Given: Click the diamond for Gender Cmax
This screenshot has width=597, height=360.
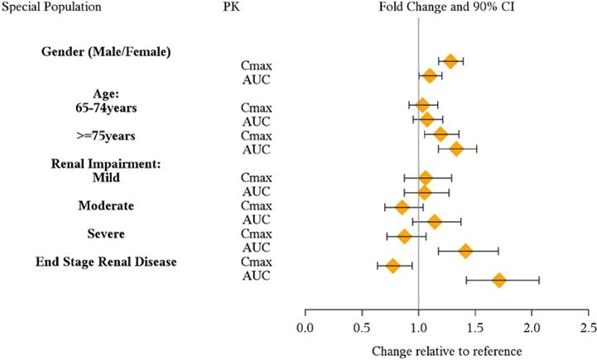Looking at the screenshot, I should point(450,61).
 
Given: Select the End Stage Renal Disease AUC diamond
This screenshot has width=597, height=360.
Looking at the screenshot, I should point(498,281).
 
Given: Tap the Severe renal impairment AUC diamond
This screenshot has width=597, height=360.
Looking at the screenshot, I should point(465,251).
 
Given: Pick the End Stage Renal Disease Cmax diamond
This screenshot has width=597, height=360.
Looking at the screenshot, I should point(393,266).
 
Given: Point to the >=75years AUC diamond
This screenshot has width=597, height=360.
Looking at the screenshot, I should point(456,149).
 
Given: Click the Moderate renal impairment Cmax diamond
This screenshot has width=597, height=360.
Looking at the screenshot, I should point(402,207).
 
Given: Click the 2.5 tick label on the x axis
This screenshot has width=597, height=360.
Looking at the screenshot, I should point(588,328).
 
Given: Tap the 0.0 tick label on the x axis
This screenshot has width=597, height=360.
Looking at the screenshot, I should point(306,328).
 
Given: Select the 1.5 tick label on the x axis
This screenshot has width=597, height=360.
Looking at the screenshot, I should point(475,328).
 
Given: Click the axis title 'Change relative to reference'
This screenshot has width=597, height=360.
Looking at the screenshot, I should point(447,351).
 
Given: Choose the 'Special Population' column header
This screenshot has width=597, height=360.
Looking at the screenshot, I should point(51,7).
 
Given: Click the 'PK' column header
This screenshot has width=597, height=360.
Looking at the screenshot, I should point(232,7).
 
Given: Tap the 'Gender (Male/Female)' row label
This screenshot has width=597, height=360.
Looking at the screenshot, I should point(106,52).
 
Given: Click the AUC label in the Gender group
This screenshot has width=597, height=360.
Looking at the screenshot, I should point(256,79).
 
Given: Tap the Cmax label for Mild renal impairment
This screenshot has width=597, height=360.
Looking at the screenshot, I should point(256,178).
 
